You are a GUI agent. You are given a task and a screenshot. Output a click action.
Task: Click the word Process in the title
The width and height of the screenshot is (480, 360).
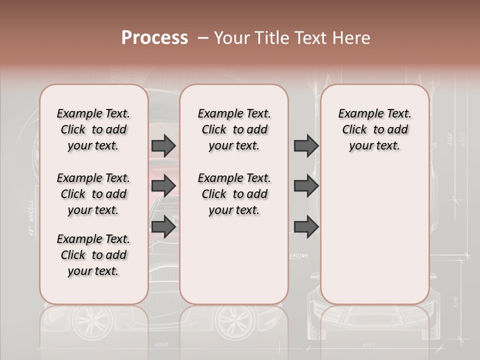154,38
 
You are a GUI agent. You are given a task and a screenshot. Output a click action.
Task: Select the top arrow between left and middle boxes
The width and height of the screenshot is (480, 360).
163,145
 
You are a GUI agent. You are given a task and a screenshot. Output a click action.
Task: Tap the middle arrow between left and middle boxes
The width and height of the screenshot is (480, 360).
163,186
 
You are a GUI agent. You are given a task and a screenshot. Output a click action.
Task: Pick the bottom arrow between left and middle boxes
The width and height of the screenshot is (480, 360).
163,226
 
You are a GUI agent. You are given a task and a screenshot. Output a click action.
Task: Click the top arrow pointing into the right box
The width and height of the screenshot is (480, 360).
306,145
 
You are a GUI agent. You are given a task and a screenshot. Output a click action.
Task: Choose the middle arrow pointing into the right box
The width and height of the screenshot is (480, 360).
306,186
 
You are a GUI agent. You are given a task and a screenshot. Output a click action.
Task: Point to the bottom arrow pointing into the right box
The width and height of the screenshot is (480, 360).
306,226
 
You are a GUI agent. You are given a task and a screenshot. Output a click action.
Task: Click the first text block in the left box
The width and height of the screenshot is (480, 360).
93,129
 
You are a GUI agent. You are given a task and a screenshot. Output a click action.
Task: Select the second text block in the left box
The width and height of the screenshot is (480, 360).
93,194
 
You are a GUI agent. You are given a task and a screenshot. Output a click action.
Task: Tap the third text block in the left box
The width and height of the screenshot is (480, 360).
93,255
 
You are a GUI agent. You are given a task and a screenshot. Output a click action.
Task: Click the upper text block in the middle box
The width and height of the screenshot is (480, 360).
234,129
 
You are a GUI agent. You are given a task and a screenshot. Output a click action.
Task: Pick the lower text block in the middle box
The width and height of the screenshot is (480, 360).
234,194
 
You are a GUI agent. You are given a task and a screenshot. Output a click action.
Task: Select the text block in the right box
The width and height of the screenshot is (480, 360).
375,129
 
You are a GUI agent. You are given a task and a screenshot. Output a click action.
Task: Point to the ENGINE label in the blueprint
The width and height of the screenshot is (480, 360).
299,256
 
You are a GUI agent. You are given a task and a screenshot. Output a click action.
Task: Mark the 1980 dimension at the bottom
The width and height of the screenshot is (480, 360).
368,345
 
